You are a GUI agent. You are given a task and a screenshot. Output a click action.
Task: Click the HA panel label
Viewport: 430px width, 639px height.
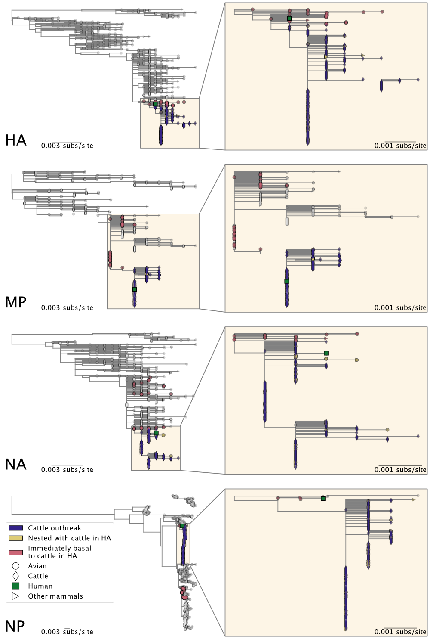pyautogui.click(x=16, y=140)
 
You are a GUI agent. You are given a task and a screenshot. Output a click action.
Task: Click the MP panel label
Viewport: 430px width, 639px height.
pyautogui.click(x=16, y=302)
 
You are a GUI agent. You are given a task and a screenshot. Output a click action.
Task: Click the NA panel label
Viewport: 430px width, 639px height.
pyautogui.click(x=16, y=465)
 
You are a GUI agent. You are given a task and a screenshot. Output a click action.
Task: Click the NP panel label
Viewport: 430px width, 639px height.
pyautogui.click(x=15, y=627)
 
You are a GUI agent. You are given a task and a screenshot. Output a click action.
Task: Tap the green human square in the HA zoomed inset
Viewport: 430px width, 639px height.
pyautogui.click(x=289, y=18)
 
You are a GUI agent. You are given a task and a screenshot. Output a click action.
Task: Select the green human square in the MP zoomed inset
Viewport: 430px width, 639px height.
pyautogui.click(x=287, y=281)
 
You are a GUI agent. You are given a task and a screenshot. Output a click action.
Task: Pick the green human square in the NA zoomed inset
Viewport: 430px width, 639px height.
pyautogui.click(x=326, y=353)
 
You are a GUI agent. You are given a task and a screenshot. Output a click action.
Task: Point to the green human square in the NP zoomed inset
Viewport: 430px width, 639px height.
pyautogui.click(x=323, y=499)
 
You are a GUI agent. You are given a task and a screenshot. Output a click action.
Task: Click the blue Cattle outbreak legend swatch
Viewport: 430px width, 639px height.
pyautogui.click(x=15, y=528)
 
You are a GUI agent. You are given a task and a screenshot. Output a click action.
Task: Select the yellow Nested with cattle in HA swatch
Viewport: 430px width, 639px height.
pyautogui.click(x=15, y=538)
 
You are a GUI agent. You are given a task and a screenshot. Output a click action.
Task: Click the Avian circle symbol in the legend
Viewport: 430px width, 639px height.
pyautogui.click(x=15, y=566)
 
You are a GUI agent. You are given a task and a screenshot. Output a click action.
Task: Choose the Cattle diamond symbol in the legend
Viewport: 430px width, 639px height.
pyautogui.click(x=15, y=576)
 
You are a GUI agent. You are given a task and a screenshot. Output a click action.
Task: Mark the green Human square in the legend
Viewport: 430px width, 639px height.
pyautogui.click(x=15, y=586)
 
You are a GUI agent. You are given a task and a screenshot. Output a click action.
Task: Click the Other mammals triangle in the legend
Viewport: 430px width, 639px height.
pyautogui.click(x=15, y=596)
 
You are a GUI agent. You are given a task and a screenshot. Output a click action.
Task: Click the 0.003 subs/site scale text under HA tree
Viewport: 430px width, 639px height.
pyautogui.click(x=67, y=146)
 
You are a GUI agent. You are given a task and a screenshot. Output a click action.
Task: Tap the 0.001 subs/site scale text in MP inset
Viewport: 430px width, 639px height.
pyautogui.click(x=400, y=308)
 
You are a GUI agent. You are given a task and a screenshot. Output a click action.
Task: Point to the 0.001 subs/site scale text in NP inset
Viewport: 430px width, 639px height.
pyautogui.click(x=400, y=632)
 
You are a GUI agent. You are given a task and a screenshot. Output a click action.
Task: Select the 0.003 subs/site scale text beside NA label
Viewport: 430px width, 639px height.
pyautogui.click(x=67, y=470)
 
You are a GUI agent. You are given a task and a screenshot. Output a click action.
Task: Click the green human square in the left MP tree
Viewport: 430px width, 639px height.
pyautogui.click(x=135, y=289)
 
